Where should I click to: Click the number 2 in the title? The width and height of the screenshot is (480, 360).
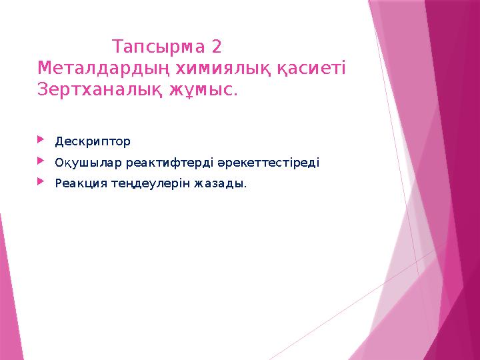click(x=215, y=47)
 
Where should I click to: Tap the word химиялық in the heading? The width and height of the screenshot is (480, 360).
click(x=222, y=68)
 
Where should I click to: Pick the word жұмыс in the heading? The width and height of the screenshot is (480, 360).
click(x=204, y=89)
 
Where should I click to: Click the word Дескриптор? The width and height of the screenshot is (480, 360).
click(x=93, y=141)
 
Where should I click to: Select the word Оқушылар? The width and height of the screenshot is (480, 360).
click(x=89, y=162)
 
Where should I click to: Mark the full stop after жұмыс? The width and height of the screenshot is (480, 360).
click(x=235, y=93)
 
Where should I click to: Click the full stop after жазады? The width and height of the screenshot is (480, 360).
click(x=245, y=186)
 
